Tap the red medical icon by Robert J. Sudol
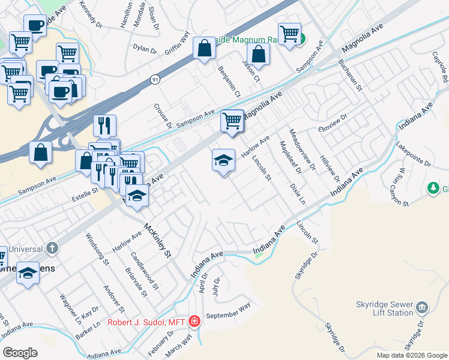pos(194,322)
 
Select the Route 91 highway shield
pos(156,79)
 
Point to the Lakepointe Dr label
pos(414,155)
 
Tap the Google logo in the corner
pos(20,353)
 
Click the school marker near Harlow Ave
pos(223,160)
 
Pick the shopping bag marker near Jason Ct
pos(258,55)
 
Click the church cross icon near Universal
pos(53,248)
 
